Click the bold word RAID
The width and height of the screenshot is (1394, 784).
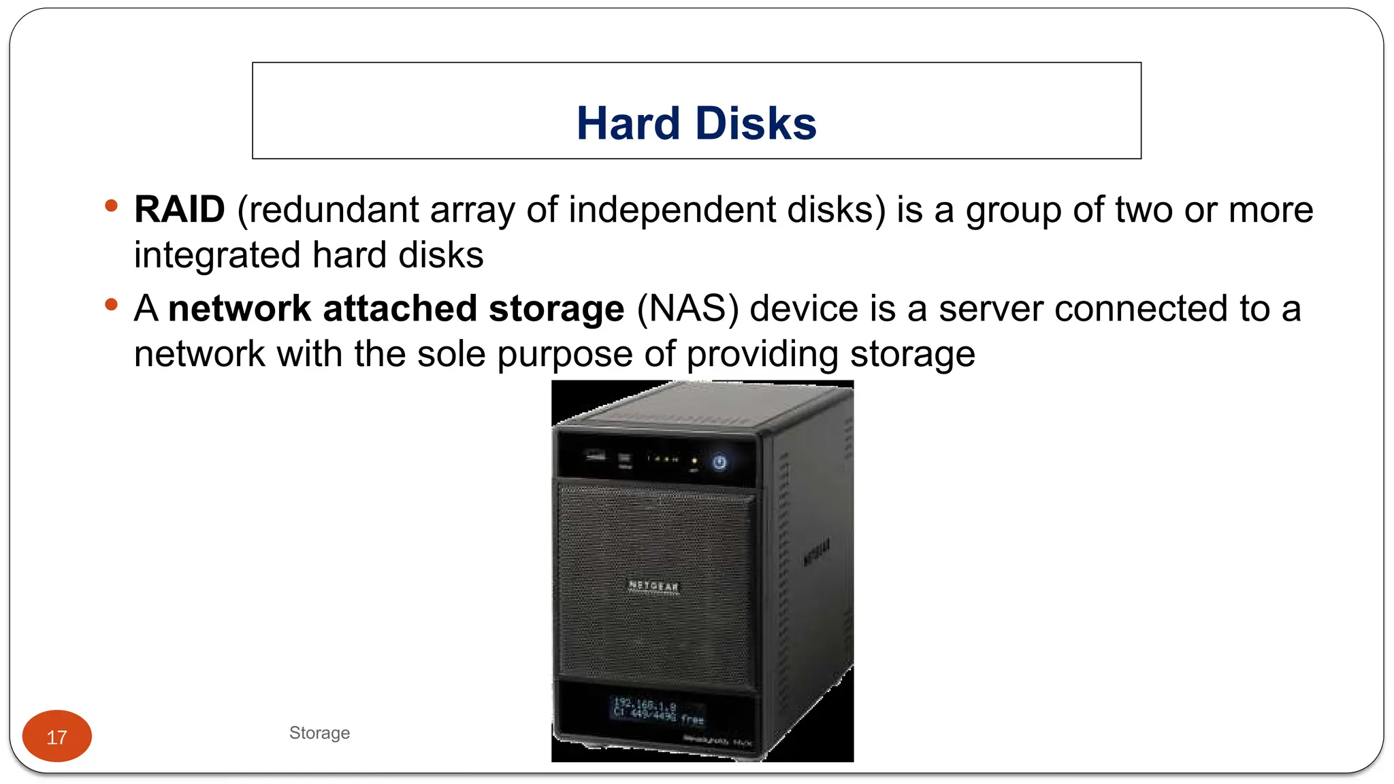click(179, 209)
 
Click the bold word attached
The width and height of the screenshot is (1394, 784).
click(400, 308)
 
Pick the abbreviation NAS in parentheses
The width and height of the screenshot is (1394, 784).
click(687, 308)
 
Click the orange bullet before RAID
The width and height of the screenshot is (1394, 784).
click(112, 205)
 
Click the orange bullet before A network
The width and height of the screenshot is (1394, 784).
click(112, 304)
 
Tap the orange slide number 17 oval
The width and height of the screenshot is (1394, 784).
click(57, 736)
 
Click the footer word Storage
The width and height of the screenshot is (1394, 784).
click(319, 733)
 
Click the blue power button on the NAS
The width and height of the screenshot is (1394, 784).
click(719, 463)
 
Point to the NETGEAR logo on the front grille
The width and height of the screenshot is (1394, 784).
click(653, 585)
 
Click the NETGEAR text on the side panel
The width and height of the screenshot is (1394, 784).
click(816, 552)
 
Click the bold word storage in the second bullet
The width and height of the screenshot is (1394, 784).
click(556, 308)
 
